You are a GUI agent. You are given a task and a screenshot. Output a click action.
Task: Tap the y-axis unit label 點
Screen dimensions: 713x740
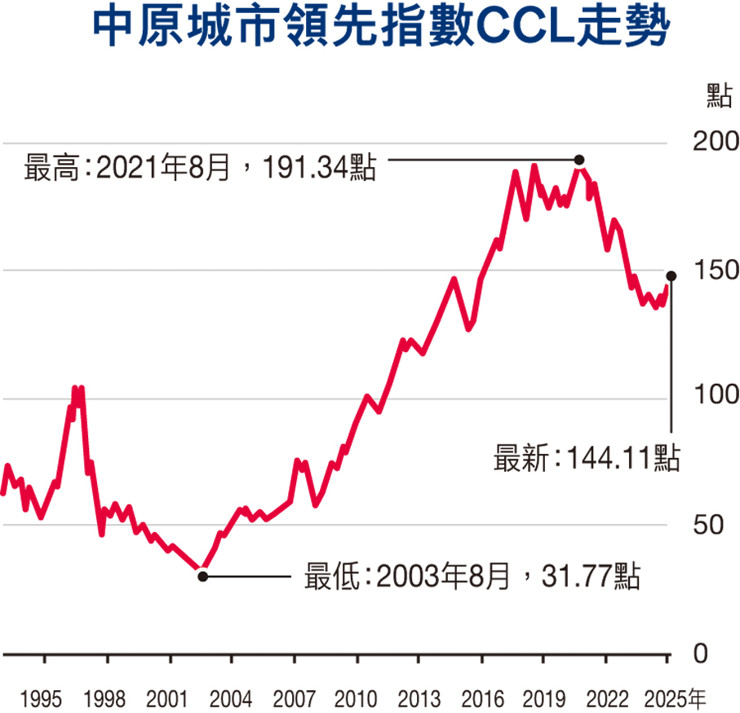click(x=718, y=95)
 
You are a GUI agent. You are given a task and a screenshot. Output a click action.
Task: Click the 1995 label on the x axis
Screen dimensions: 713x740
click(x=42, y=698)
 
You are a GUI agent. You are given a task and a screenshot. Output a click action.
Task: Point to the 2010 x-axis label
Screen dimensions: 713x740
click(x=356, y=698)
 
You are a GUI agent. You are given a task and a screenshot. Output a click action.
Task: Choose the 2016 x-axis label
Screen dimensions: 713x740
click(x=481, y=698)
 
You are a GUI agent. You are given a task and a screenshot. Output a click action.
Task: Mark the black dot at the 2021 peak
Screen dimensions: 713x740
click(x=579, y=160)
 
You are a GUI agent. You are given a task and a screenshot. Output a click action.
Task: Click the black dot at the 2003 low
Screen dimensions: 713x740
click(x=203, y=576)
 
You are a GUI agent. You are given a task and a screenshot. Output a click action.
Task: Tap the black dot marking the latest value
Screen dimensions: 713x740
click(x=671, y=276)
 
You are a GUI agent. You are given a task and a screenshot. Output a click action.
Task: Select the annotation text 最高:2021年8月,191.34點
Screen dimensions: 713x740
click(x=201, y=169)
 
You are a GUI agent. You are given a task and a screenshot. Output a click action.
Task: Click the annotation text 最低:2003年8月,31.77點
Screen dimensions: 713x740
click(x=472, y=577)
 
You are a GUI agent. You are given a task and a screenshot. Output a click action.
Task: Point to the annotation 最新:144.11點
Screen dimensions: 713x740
click(x=586, y=458)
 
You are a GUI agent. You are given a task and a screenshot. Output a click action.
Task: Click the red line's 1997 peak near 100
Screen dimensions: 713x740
click(x=77, y=390)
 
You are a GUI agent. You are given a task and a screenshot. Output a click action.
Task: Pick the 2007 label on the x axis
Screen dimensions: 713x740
click(x=294, y=698)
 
